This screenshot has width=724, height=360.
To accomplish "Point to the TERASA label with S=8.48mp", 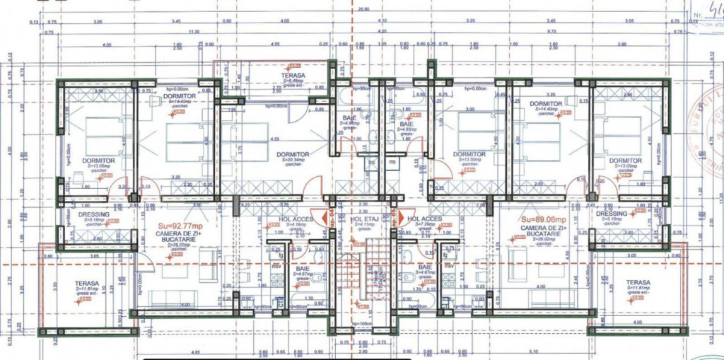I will pos(293,75).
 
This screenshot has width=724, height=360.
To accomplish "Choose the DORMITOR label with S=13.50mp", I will pos(469,154).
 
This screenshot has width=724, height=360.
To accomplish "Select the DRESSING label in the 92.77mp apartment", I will pos(94,214).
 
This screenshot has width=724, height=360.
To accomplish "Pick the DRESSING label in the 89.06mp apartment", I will pos(611,214).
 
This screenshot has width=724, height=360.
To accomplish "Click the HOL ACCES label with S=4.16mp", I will pos(292,219).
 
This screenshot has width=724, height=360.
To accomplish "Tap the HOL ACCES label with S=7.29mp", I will pos(424,219).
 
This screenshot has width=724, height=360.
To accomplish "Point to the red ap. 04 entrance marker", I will pos(328,216).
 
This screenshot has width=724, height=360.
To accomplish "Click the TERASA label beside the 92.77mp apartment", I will pos(87,284).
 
